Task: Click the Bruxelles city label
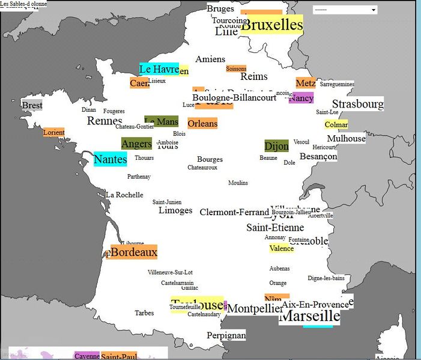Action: (271, 25)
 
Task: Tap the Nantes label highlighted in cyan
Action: (111, 159)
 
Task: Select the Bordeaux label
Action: (133, 252)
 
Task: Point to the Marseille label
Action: (310, 316)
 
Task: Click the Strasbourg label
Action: (357, 104)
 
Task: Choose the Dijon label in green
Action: (276, 145)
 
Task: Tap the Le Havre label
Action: (159, 69)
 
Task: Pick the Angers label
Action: (136, 144)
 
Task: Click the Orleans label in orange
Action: (202, 123)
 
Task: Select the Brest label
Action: (32, 106)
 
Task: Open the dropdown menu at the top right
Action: (345, 10)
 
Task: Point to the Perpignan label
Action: (226, 335)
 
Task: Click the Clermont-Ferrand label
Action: (234, 212)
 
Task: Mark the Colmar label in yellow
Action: (336, 124)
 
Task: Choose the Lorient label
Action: (53, 132)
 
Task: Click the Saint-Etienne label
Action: (275, 228)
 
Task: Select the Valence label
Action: (282, 248)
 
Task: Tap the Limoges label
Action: (175, 210)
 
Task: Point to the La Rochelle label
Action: (124, 195)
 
